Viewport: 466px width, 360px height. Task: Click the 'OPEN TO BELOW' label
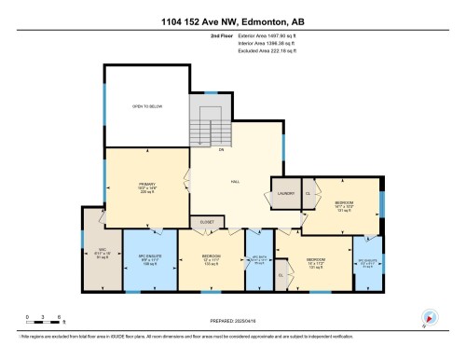[x=146, y=107]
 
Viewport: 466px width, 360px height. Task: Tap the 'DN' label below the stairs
[x=220, y=149]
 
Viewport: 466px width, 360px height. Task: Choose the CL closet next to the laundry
[x=309, y=191]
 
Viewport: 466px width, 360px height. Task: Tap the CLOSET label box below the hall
[x=207, y=222]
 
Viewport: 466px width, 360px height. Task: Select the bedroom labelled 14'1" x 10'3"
[x=342, y=204]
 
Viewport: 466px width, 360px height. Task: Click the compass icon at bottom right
[x=430, y=317]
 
